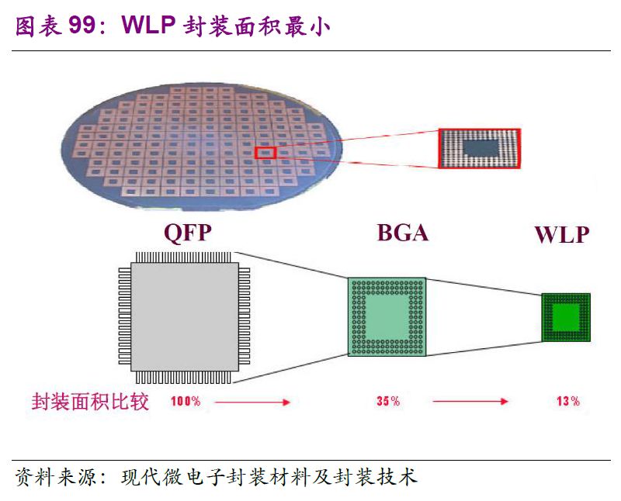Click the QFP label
point(187,233)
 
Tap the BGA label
point(402,233)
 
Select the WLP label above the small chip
point(562,235)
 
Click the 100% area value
point(186,401)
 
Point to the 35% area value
point(388,401)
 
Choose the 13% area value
point(568,401)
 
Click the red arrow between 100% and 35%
point(252,402)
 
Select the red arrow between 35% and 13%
point(470,401)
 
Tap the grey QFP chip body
point(185,317)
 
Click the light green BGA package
point(387,316)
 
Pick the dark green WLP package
point(566,317)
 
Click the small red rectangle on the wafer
point(265,153)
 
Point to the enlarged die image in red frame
point(479,148)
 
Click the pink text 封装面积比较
point(90,401)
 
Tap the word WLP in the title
point(148,25)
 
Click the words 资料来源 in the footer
point(55,477)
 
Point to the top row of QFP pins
point(183,257)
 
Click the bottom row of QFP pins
point(183,377)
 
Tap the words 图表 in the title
point(38,26)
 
